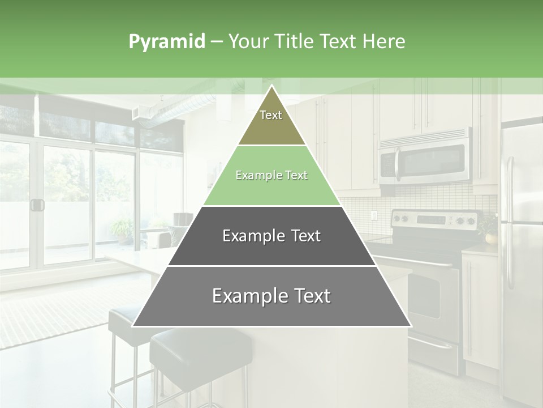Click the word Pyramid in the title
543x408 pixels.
tap(166, 42)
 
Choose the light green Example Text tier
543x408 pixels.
tap(271, 176)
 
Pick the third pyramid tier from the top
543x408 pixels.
tap(271, 236)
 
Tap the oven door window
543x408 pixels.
tap(424, 295)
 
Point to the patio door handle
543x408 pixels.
tap(37, 205)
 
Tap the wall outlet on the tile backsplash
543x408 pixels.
tap(373, 215)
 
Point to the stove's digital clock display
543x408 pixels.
tap(432, 219)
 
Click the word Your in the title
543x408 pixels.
tap(249, 42)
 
